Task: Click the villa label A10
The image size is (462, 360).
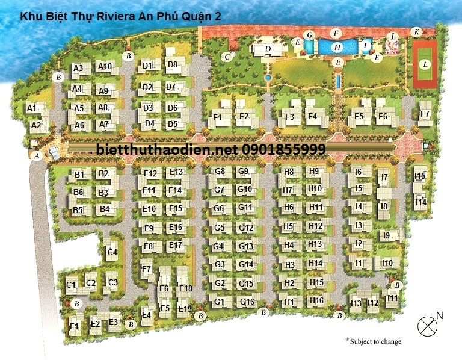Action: (105, 67)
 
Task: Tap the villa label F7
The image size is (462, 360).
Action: (425, 114)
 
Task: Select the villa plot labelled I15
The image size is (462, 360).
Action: (420, 176)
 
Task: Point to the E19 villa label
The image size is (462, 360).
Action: (185, 309)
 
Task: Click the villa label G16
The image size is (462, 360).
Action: (247, 302)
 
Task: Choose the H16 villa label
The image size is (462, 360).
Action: (316, 300)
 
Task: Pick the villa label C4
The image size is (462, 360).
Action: (112, 252)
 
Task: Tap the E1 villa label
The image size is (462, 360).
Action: (75, 326)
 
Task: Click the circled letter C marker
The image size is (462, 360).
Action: (226, 57)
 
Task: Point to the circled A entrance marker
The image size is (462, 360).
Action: (37, 156)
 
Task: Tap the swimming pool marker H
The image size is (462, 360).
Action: (337, 46)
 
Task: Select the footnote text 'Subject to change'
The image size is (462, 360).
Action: (374, 341)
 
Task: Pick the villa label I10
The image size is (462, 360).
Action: (387, 263)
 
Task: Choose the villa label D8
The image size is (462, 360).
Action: (173, 64)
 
